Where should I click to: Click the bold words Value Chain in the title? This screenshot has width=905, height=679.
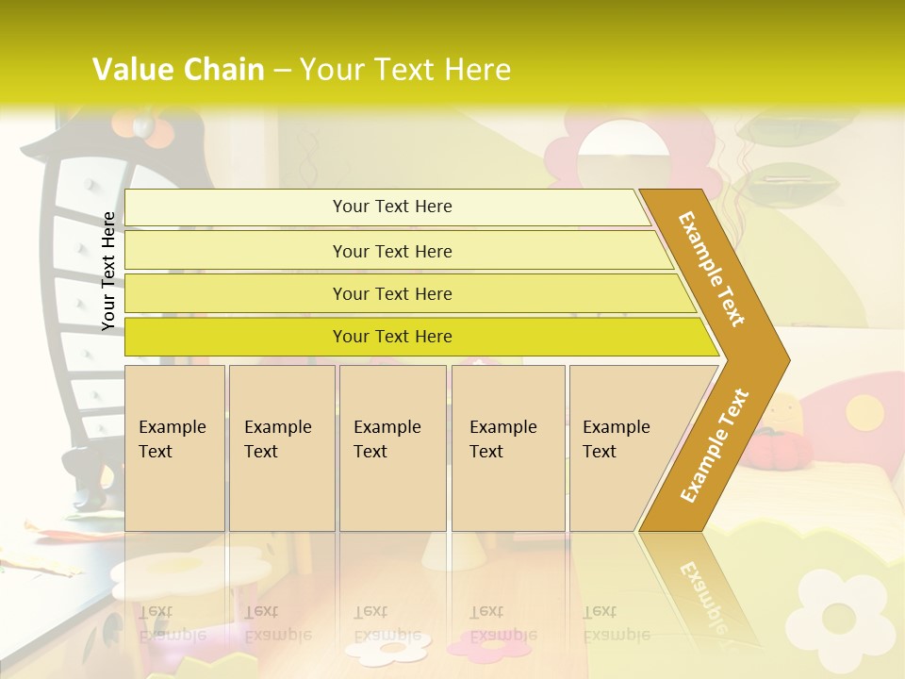[x=178, y=70]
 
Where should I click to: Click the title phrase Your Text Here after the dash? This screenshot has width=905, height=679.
[x=405, y=70]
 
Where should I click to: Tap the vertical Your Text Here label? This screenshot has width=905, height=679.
[x=108, y=271]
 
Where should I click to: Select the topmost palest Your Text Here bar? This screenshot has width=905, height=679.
[x=392, y=207]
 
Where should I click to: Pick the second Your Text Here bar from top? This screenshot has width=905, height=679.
[x=392, y=251]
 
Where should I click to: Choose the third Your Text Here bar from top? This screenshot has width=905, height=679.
[x=392, y=293]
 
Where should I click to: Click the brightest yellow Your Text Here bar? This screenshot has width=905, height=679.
[x=392, y=337]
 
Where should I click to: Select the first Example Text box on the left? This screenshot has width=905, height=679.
[x=174, y=447]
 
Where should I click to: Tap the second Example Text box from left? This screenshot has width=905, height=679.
[x=281, y=447]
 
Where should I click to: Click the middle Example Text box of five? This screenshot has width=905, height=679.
[x=392, y=447]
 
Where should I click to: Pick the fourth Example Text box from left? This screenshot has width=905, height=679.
[x=507, y=447]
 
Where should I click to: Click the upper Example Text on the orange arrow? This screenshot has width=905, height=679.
[x=712, y=269]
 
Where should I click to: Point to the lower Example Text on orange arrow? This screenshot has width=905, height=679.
[x=714, y=446]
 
